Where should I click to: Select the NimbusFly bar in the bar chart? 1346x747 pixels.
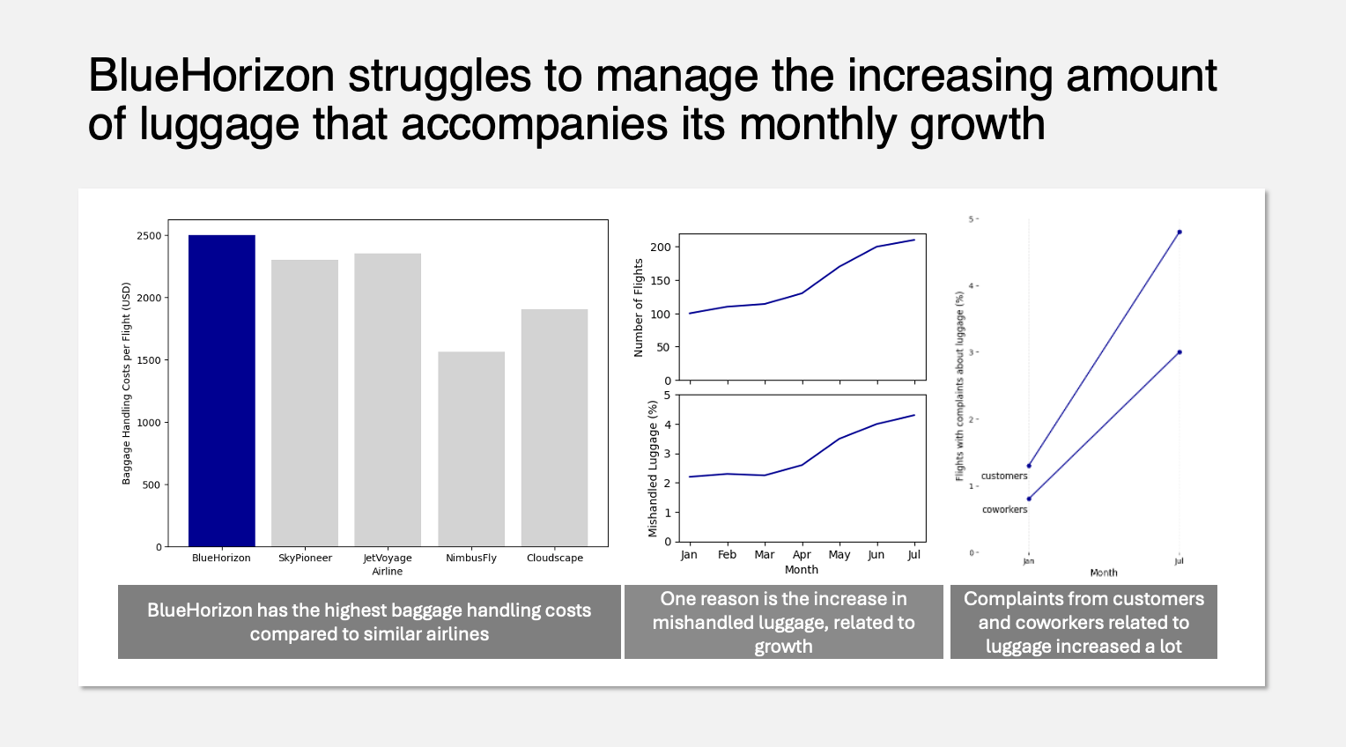coord(471,448)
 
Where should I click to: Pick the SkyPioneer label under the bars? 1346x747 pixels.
coord(305,558)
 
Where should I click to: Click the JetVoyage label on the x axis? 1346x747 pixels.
coord(388,558)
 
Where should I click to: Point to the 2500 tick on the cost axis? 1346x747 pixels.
coord(149,236)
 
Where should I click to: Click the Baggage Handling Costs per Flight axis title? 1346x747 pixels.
coord(126,383)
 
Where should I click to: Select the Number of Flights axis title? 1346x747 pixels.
coord(639,307)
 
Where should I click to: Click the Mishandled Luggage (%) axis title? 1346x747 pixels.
coord(653,469)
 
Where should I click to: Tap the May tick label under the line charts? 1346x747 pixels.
coord(839,555)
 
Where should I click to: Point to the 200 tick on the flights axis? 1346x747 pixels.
coord(660,248)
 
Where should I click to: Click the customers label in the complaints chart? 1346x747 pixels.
coord(1004,476)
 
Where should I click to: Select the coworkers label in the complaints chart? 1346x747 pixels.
coord(1005,510)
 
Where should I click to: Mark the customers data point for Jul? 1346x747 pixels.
coord(1180,233)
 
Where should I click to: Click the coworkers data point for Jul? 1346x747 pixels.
coord(1180,352)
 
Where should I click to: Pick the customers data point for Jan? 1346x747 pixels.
coord(1029,466)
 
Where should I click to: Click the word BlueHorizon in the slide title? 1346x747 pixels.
coord(211,77)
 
